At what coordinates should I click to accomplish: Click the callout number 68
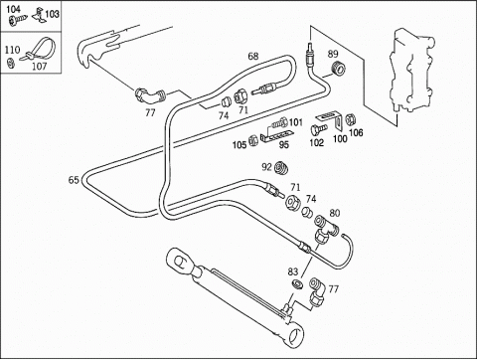pos(253,56)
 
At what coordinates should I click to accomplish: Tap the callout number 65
pos(74,180)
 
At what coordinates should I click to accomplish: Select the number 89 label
pos(333,54)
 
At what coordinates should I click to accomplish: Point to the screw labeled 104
pos(18,21)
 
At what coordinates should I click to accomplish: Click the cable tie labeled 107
pos(39,51)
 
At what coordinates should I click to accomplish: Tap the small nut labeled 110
pos(11,62)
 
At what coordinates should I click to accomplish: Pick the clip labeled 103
pos(39,16)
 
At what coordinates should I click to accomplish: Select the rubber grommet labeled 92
pos(281,168)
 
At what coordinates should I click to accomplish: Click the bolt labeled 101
pos(279,124)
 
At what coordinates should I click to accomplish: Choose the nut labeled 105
pos(253,140)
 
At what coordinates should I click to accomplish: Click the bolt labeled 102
pos(318,128)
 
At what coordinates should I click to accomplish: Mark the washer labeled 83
pos(297,284)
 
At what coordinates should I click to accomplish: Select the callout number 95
pos(284,144)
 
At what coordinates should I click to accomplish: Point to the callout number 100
pos(340,138)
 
